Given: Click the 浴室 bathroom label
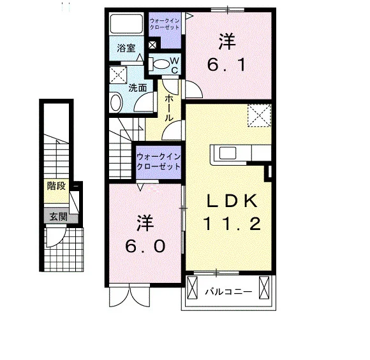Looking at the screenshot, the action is tap(126, 48).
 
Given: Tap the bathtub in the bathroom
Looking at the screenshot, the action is tap(127, 24).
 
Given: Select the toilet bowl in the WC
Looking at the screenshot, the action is tap(161, 64).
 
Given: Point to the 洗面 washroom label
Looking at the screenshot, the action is tap(138, 88).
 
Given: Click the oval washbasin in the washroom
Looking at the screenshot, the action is tap(116, 103).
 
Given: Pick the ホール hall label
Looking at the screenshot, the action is tap(168, 108).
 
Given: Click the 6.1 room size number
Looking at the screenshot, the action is tap(226, 65).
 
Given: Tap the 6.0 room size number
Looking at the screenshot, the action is tap(145, 247).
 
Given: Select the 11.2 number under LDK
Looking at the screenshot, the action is tap(232, 224).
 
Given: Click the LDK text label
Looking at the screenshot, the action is tap(232, 201).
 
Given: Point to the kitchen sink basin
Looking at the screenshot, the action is tap(228, 153).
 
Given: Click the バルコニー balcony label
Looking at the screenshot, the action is tap(228, 292).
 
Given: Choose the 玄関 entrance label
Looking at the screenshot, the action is tap(58, 217).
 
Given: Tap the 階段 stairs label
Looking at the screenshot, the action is tap(56, 186).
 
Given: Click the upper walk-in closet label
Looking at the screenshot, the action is tap(165, 24).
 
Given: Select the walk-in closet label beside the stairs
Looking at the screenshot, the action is tap(158, 162).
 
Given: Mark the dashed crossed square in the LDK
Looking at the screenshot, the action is tap(259, 115).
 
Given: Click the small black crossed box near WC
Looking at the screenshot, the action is tap(152, 45).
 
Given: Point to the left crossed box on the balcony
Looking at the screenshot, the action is tap(192, 288).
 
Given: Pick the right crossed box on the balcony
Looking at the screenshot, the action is tap(264, 288).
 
